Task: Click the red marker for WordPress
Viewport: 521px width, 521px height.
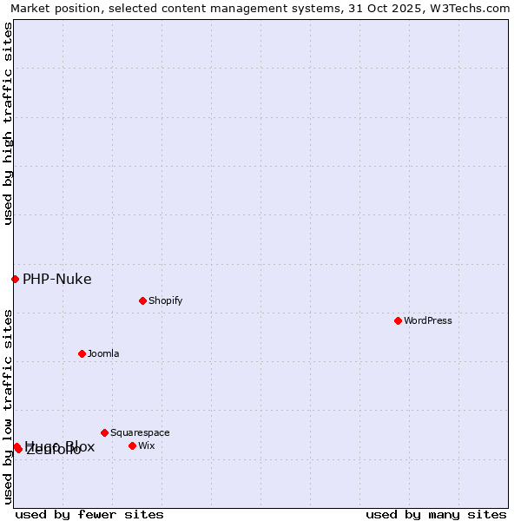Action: click(398, 320)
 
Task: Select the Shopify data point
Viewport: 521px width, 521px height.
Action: click(142, 300)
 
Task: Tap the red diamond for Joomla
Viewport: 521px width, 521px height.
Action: click(82, 353)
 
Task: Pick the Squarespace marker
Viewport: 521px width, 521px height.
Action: click(104, 432)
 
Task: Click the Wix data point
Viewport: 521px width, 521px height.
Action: click(132, 445)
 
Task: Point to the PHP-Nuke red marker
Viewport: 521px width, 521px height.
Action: click(15, 279)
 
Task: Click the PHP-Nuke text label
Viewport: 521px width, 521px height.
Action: click(56, 279)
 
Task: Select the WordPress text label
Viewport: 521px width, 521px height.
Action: click(428, 320)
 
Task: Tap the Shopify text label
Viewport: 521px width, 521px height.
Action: click(165, 300)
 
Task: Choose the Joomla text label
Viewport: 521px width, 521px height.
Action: click(103, 353)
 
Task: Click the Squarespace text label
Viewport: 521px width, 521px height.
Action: click(140, 432)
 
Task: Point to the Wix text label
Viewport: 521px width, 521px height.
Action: click(146, 445)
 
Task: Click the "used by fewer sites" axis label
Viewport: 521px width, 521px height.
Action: click(89, 514)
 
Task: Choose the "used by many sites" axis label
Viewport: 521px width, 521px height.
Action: click(436, 514)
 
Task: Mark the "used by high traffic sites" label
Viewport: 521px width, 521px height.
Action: click(8, 123)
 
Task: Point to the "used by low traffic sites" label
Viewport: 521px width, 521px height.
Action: click(8, 406)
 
